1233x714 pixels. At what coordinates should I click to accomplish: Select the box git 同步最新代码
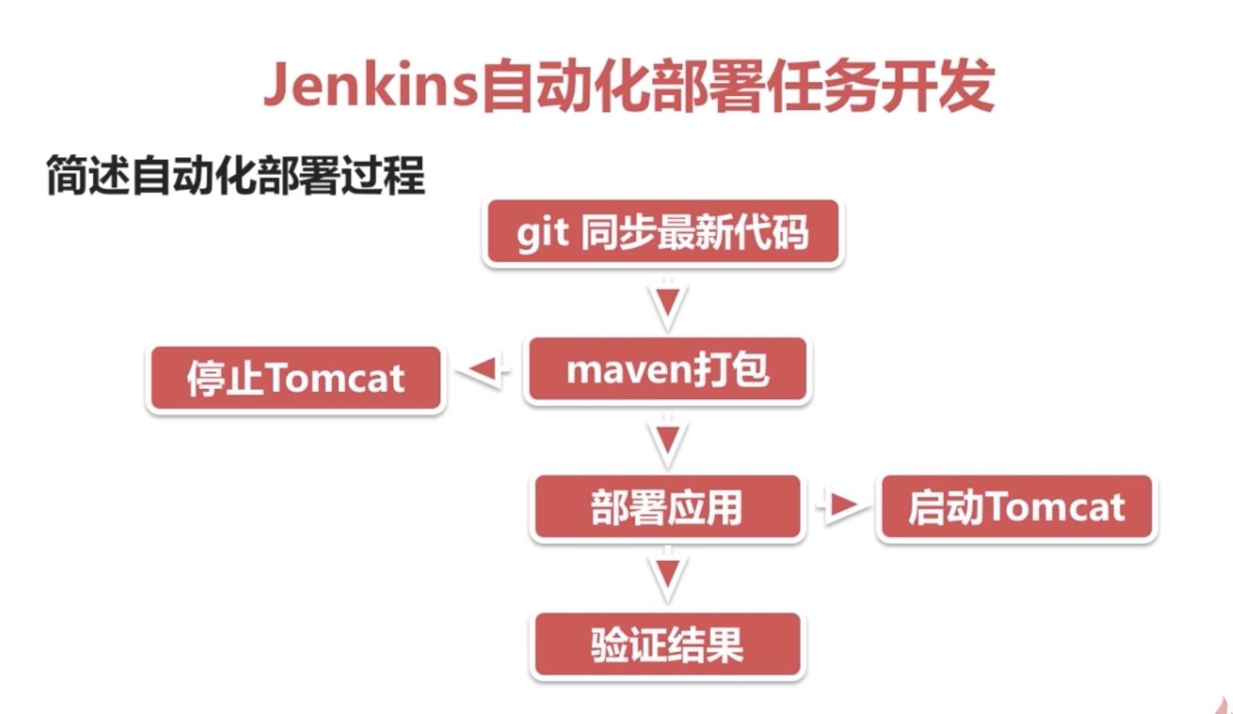pos(662,232)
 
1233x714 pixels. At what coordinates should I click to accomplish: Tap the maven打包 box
pos(667,370)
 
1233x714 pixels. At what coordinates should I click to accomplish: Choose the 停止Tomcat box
pos(295,378)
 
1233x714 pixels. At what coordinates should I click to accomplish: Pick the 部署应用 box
pos(667,507)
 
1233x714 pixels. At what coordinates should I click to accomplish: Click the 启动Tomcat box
pos(1016,507)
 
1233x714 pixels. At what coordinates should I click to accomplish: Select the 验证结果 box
pos(667,645)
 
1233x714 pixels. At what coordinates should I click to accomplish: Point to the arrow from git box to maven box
pos(668,305)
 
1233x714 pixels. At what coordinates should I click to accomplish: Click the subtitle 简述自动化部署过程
pos(235,175)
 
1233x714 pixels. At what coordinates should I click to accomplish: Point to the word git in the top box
pos(542,232)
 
